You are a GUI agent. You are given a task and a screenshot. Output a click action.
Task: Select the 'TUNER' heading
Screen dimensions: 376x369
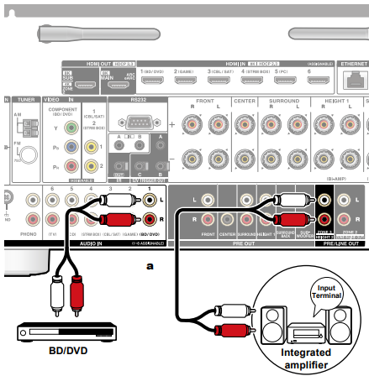[24, 98]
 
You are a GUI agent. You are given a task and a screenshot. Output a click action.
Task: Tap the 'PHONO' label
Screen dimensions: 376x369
[30, 235]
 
